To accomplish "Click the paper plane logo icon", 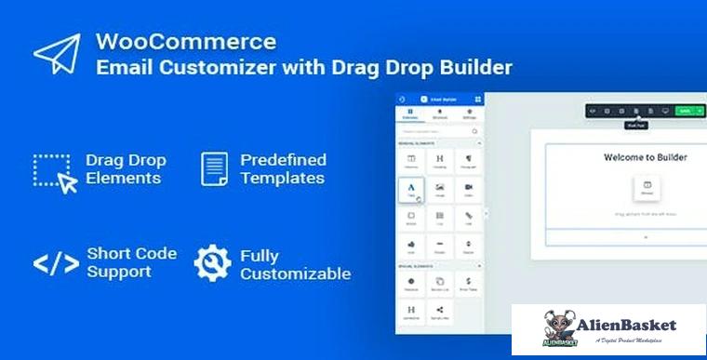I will tap(57, 54).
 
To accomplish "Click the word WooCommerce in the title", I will tap(185, 42).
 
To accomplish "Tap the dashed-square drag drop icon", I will tap(55, 173).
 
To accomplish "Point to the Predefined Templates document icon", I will tap(215, 168).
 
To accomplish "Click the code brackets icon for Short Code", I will tap(56, 263).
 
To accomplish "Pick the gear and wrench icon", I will tap(212, 263).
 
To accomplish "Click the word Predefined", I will tap(283, 159).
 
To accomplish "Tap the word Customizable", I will tap(295, 273).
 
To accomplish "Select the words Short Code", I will tap(132, 253).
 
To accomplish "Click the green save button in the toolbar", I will tap(685, 111).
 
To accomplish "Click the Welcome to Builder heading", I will tap(645, 157).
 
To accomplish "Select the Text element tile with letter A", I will tap(410, 190).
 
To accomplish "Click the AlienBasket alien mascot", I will tap(556, 328).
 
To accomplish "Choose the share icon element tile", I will tap(438, 310).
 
